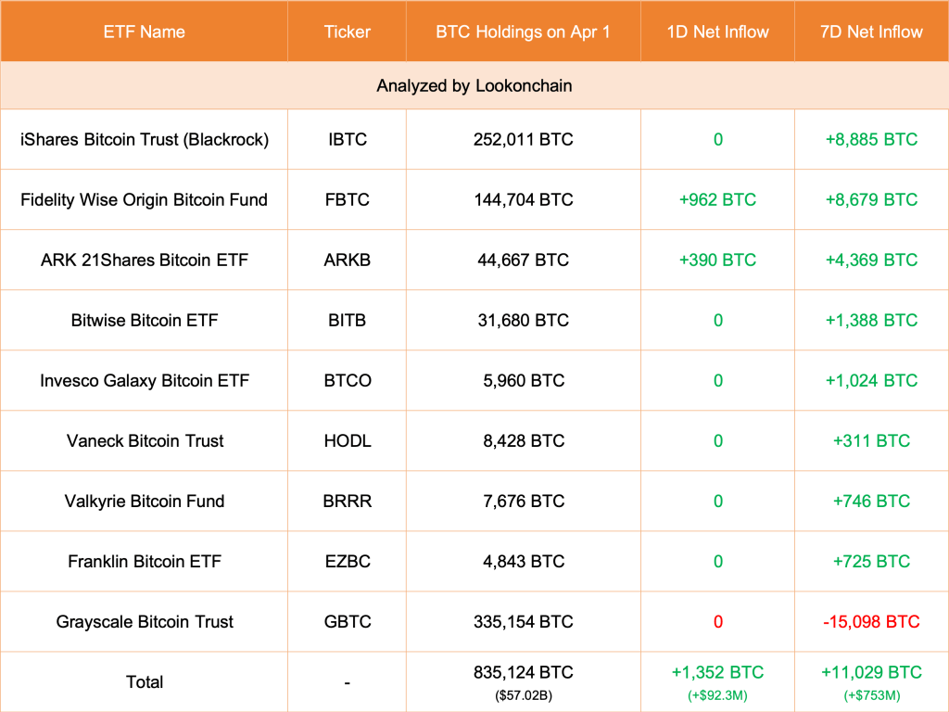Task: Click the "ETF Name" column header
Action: click(x=144, y=32)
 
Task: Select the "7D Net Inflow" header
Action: click(x=871, y=32)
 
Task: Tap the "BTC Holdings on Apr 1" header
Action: click(x=523, y=32)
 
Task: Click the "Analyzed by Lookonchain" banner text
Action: click(x=474, y=85)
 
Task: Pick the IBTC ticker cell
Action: click(x=347, y=139)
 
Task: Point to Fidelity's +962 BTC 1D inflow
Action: click(x=717, y=199)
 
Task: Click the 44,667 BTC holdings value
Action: click(x=523, y=260)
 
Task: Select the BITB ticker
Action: click(x=347, y=320)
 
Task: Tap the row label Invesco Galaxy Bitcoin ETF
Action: click(x=145, y=380)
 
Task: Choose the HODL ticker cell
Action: click(x=347, y=440)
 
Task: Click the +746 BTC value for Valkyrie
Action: click(x=871, y=501)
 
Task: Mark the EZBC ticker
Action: click(x=347, y=561)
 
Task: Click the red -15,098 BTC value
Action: click(x=871, y=621)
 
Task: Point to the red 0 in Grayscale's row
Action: click(x=717, y=621)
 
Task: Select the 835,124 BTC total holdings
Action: click(x=523, y=672)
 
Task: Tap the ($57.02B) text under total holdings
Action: click(x=523, y=693)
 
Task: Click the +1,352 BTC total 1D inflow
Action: click(x=717, y=672)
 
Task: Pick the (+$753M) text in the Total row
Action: click(x=871, y=693)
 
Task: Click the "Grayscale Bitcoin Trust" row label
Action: click(x=145, y=621)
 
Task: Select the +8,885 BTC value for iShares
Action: click(x=871, y=139)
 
